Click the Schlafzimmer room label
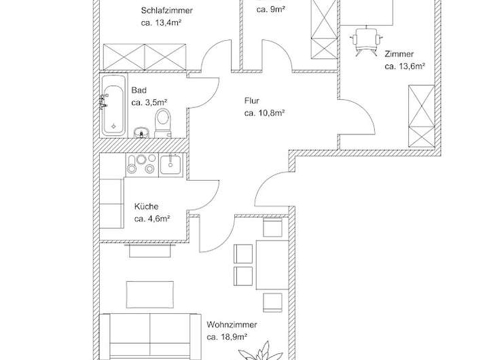167,11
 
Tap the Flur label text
251,101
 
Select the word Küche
146,206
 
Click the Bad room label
139,90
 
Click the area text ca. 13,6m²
405,67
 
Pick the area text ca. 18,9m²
227,336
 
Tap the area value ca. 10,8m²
264,113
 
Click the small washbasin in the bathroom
141,131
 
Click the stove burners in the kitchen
140,164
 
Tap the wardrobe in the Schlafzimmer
144,54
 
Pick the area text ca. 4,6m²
151,219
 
